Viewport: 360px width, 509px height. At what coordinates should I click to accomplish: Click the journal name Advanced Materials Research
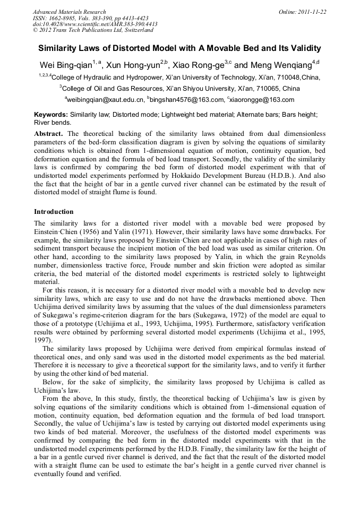[x=69, y=12]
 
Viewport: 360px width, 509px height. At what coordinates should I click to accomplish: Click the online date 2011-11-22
[x=312, y=12]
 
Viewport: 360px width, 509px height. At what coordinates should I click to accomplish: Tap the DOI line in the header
[x=95, y=24]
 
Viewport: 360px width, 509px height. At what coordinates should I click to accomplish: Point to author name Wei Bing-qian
[x=66, y=65]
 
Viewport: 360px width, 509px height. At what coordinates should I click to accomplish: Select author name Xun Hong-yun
[x=132, y=65]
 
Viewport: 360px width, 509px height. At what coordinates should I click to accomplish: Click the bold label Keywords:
[x=51, y=114]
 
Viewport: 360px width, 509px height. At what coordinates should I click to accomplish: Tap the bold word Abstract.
[x=49, y=134]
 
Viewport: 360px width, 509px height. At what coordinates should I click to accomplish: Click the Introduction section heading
[x=54, y=212]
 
